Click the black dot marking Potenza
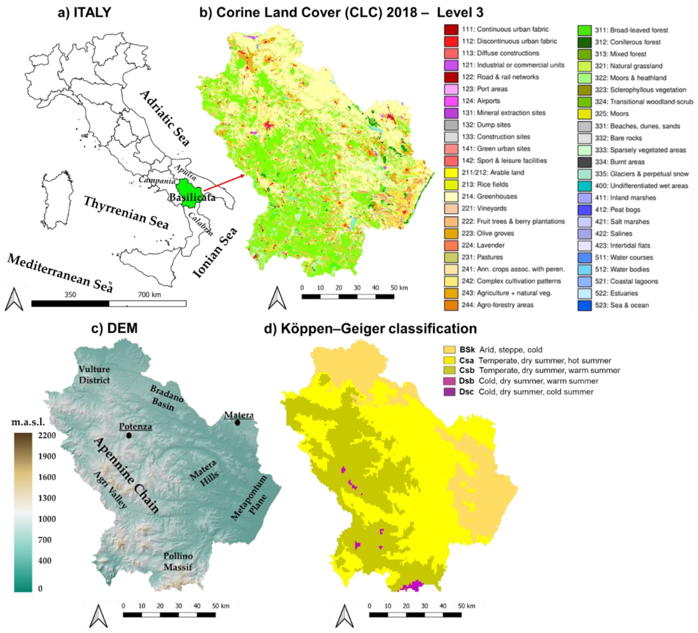tap(129, 435)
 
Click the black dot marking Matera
tap(238, 423)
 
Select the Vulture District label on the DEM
tap(94, 374)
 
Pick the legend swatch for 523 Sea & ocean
tap(584, 305)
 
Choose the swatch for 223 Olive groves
tap(451, 233)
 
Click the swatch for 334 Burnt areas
tap(584, 162)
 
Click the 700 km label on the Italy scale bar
tap(149, 295)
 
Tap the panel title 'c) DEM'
tap(114, 328)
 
